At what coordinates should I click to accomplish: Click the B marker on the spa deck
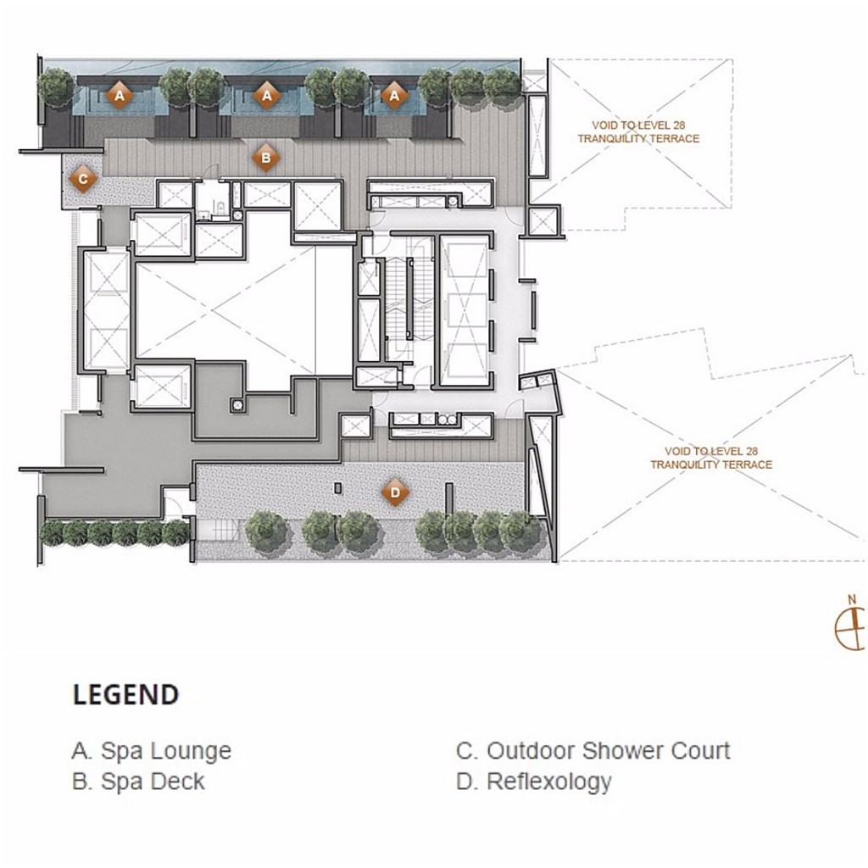(265, 157)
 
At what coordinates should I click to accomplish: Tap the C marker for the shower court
(82, 179)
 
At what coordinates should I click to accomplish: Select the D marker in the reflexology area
(394, 492)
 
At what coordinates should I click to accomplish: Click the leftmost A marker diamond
(120, 96)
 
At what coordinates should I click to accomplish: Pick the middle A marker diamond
(267, 96)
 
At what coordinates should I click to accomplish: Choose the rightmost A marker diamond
(394, 96)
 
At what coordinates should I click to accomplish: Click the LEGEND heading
(125, 695)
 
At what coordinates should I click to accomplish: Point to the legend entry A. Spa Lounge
(151, 751)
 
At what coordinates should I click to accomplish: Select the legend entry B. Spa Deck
(138, 782)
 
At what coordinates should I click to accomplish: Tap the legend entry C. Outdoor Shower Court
(593, 751)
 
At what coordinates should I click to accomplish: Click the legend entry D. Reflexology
(533, 782)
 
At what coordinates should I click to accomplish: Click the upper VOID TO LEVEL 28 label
(638, 131)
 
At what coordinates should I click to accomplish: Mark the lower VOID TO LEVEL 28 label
(711, 458)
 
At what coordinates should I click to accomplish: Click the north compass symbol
(851, 626)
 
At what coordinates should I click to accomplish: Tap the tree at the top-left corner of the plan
(56, 86)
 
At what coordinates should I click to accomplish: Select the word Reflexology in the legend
(548, 782)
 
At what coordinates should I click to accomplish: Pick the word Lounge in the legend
(190, 751)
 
